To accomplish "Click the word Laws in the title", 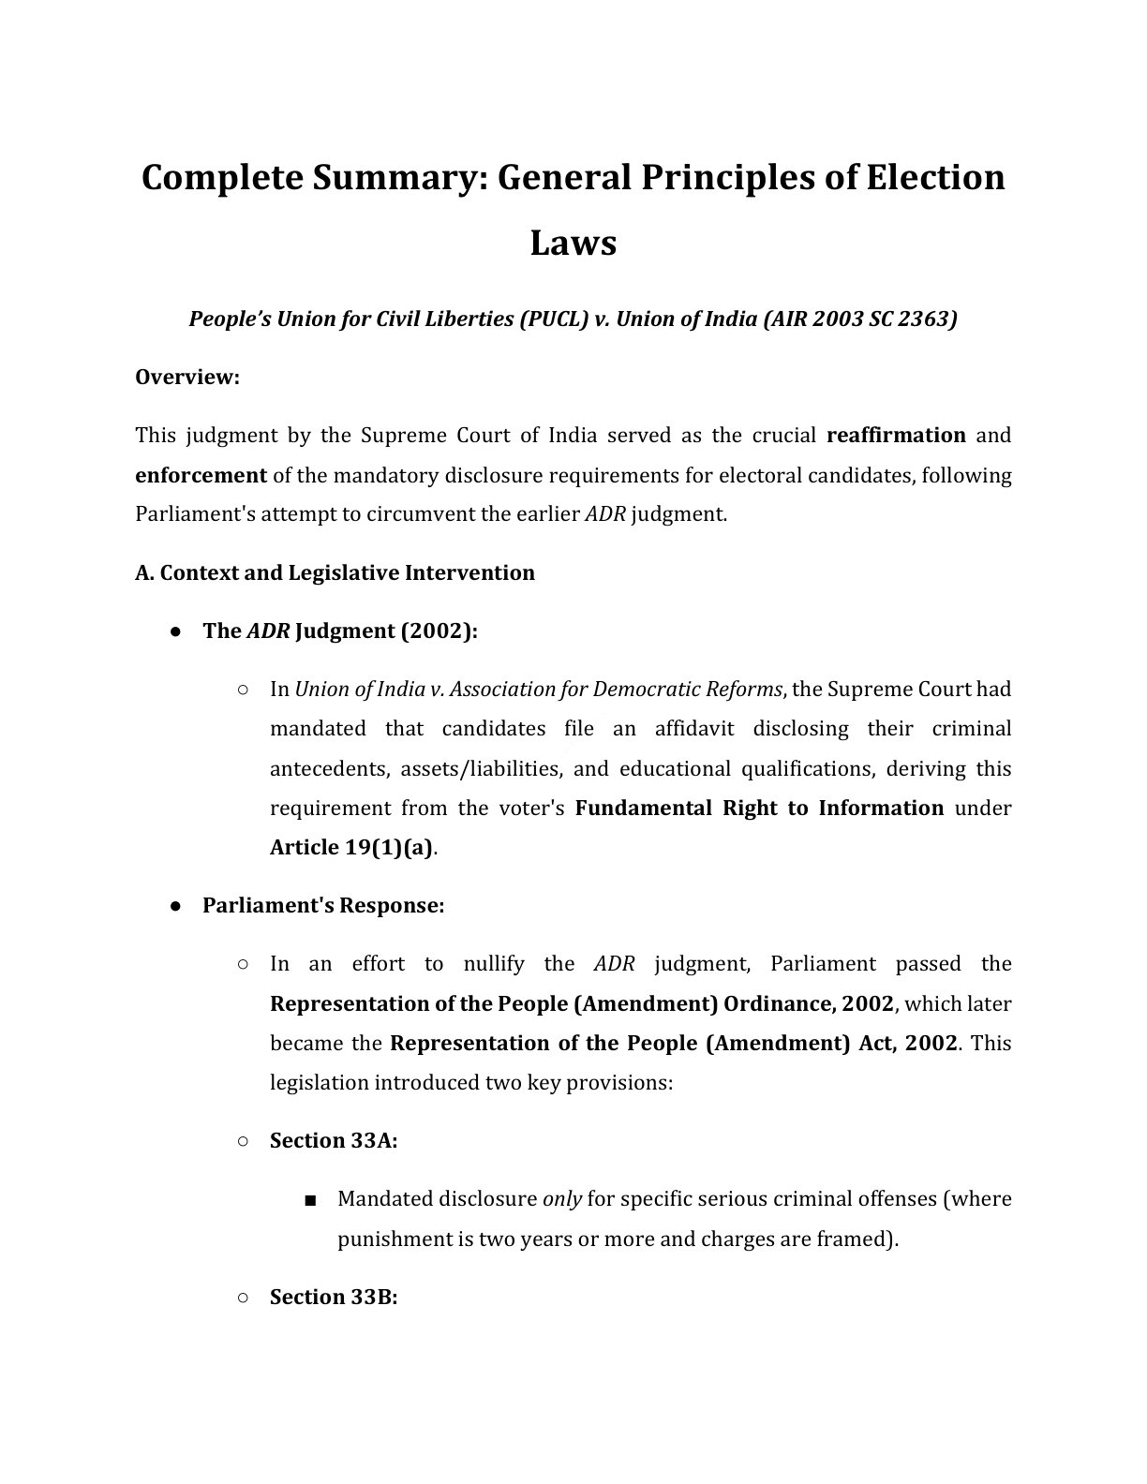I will [x=573, y=243].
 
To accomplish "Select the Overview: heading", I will [x=187, y=377].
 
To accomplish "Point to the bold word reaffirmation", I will [x=896, y=435].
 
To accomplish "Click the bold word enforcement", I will [x=201, y=475].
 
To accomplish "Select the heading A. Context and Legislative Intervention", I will [x=335, y=572].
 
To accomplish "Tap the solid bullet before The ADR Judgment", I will [x=175, y=631].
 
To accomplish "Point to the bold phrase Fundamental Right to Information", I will [x=759, y=808].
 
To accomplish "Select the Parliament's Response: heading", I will [x=323, y=905].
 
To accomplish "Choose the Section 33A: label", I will [x=334, y=1140].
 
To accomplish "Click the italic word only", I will [x=562, y=1198].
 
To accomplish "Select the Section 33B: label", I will [x=334, y=1297].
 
